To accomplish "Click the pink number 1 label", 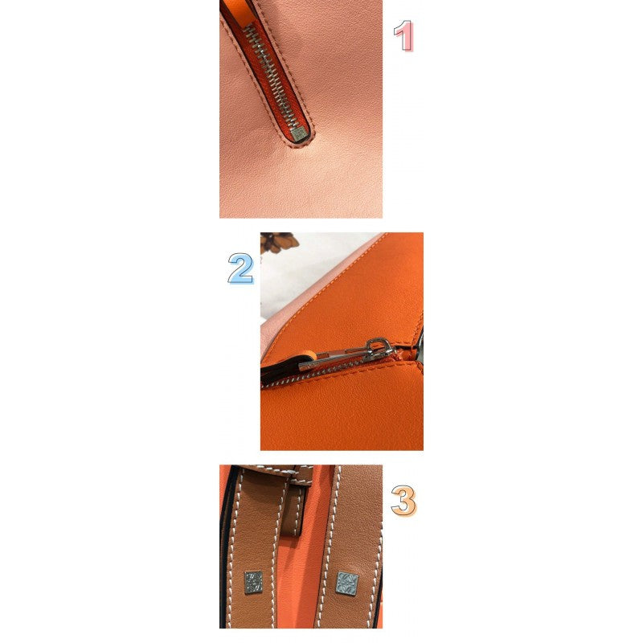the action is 403,35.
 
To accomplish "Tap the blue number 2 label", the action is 240,268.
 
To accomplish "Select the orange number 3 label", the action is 403,500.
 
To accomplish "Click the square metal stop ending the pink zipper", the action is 299,133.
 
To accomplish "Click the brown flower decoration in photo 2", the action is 279,241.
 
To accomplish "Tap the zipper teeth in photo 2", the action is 312,373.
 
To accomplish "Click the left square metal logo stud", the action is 253,582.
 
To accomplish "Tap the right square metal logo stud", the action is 347,584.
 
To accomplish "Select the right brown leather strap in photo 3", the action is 349,546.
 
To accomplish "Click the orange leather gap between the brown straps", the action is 298,582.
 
